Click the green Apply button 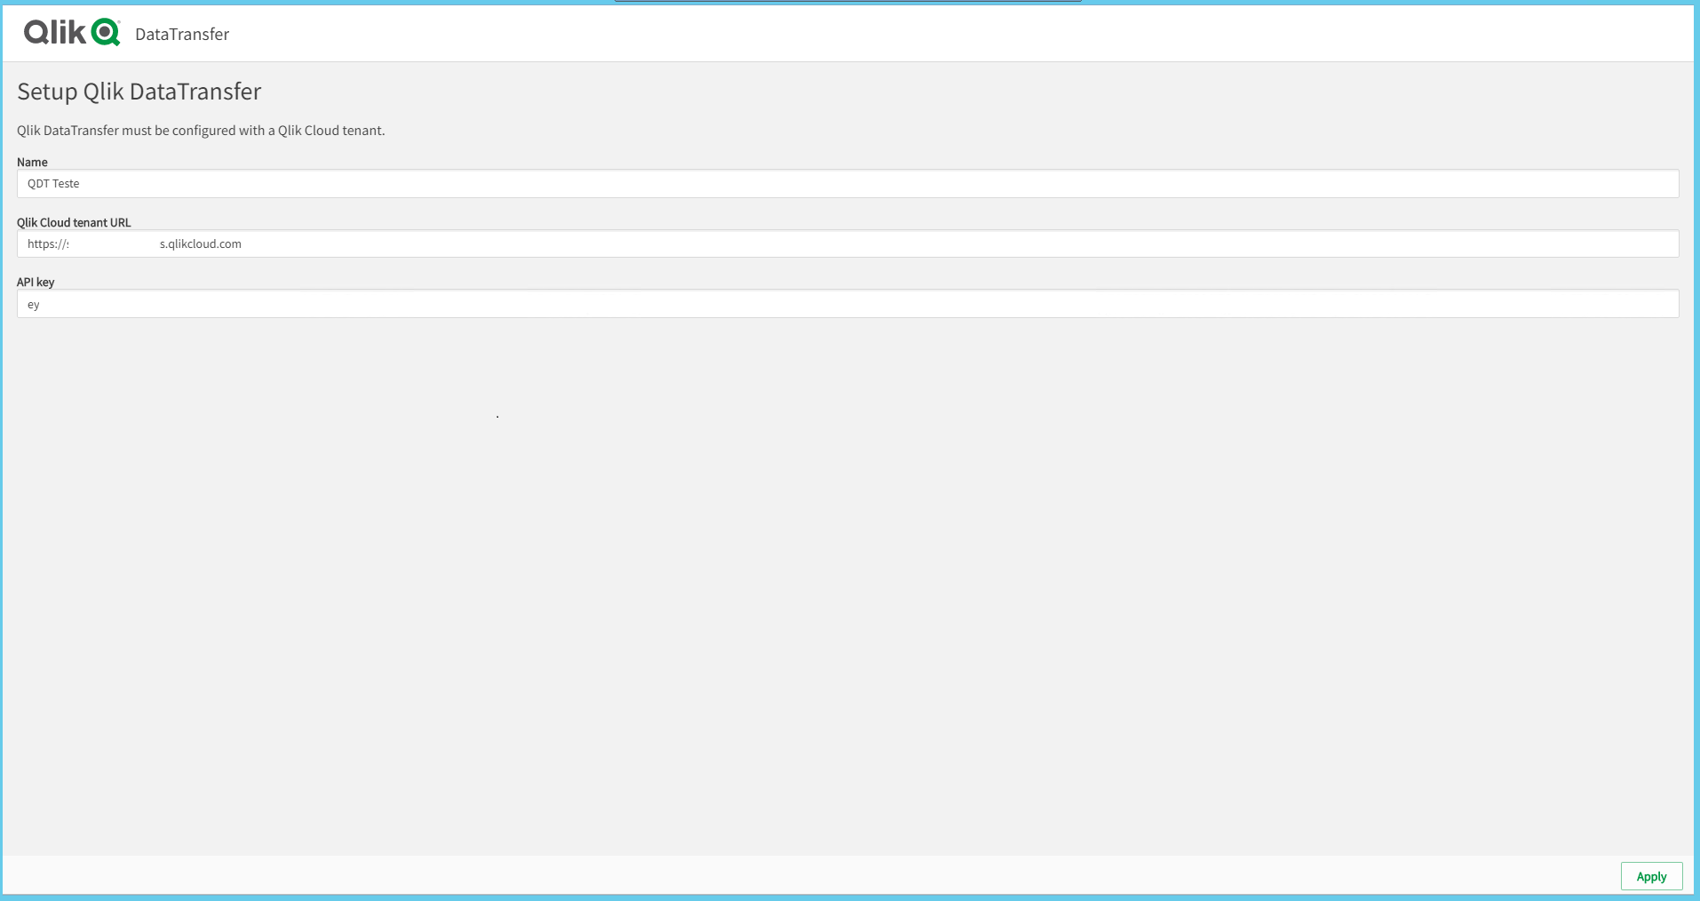point(1651,876)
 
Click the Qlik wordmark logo point(55,33)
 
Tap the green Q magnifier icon point(106,33)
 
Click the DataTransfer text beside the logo point(182,35)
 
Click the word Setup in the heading point(47,92)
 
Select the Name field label point(32,162)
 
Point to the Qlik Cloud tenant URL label point(74,222)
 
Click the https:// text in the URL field point(47,244)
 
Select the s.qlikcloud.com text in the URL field point(201,244)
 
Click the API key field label point(36,282)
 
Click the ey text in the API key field point(34,305)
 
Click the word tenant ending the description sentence point(362,131)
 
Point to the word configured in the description point(204,131)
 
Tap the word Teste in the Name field point(66,184)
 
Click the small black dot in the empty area point(497,416)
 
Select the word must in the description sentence point(137,131)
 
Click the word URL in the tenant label point(121,222)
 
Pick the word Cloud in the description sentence point(322,131)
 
